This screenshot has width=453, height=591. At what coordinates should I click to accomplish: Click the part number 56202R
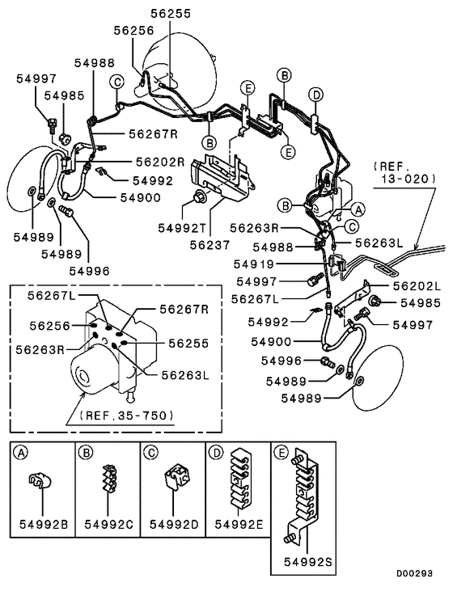coord(159,161)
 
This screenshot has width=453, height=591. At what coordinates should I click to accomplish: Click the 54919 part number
coord(257,264)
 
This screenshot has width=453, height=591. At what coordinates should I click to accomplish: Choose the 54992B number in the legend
coord(42,523)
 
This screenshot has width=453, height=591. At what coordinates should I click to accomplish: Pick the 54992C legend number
coord(108,523)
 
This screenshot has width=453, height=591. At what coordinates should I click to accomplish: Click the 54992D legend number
coord(173,523)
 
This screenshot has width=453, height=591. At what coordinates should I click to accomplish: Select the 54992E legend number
coord(239,523)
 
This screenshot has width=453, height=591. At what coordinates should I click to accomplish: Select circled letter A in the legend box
coord(19,453)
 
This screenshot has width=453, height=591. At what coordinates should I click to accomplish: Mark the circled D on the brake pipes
coord(317,95)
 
